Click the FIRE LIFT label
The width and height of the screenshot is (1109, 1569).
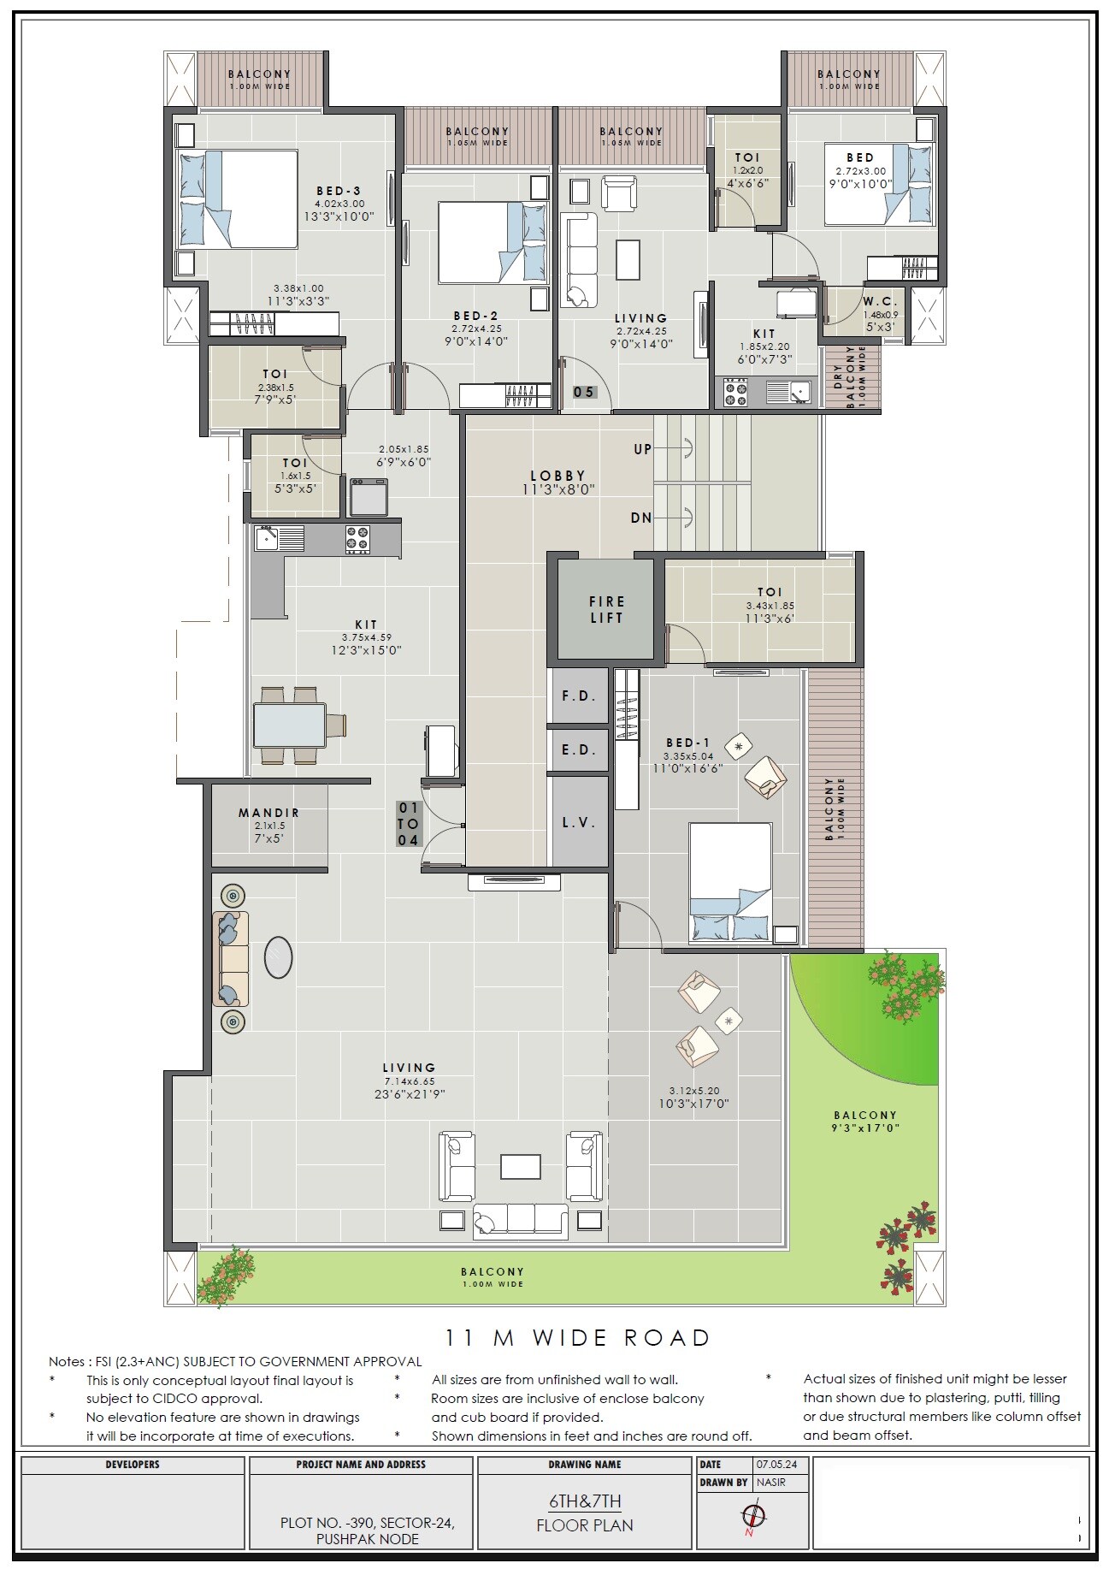point(606,609)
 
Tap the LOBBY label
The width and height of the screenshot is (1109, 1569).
point(557,476)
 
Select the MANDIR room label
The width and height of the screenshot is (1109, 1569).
point(268,813)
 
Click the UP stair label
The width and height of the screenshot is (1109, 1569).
point(642,449)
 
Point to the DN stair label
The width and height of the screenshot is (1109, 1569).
point(641,518)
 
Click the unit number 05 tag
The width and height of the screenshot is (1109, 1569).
point(584,392)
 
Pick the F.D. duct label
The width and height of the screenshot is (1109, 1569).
point(579,696)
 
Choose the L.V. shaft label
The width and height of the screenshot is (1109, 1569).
point(579,822)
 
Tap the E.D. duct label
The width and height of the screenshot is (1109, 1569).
point(579,749)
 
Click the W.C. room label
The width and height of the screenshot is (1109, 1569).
point(879,301)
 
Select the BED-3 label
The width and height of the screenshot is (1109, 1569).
point(339,191)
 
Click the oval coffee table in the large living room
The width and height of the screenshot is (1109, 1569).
point(279,956)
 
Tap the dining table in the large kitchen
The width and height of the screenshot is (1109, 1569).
point(290,725)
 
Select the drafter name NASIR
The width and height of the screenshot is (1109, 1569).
point(771,1482)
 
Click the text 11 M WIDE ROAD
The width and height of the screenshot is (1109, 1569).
point(577,1337)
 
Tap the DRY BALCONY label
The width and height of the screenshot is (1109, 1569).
point(844,377)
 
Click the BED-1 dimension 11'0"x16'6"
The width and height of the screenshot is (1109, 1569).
point(687,768)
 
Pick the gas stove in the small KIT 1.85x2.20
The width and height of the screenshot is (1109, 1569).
point(735,393)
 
